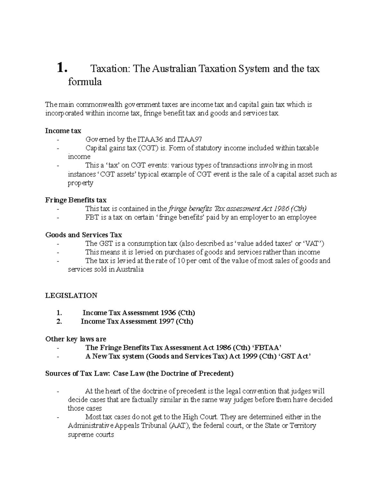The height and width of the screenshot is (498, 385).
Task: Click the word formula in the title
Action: [x=85, y=82]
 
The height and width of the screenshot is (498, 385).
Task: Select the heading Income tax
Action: [x=63, y=131]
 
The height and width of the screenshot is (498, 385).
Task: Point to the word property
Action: [x=80, y=183]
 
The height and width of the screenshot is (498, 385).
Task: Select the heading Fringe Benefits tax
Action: [x=76, y=200]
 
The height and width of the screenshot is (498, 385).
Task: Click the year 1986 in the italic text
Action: [x=281, y=209]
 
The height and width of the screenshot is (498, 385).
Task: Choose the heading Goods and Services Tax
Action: [x=83, y=235]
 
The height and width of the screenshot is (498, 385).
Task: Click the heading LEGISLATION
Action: [x=71, y=296]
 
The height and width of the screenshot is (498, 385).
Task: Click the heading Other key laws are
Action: [x=76, y=339]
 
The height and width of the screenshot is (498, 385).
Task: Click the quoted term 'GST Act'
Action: [x=295, y=357]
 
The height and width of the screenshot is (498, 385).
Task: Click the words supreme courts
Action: [x=91, y=435]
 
